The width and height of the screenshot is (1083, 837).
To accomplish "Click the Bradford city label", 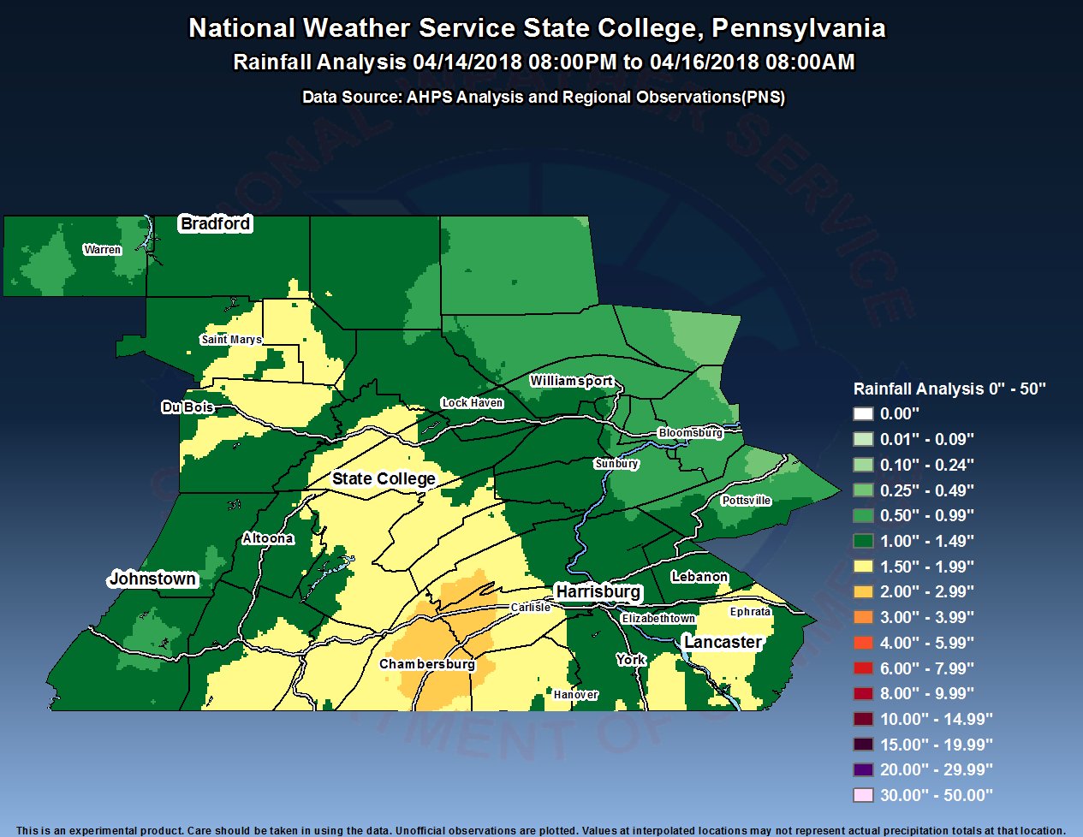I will (215, 223).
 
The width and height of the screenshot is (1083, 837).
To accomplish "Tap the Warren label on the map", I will (102, 250).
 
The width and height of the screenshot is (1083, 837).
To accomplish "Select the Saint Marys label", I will (231, 340).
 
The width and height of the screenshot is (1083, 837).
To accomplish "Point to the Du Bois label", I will (187, 407).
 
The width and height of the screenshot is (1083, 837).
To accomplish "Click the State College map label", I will (384, 478).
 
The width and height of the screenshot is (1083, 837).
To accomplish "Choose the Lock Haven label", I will (473, 403).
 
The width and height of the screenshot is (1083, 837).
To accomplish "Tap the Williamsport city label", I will (571, 381).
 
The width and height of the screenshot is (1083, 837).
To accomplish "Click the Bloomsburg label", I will (690, 433).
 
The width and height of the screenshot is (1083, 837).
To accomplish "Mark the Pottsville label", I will (746, 501).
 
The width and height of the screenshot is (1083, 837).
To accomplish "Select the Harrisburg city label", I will (598, 591).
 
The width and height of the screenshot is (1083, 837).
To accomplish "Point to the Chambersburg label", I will (426, 664).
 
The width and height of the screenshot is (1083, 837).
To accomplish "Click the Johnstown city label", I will (152, 579).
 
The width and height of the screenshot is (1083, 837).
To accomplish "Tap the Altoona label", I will (268, 538).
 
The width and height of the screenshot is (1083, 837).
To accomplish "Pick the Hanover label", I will (575, 695).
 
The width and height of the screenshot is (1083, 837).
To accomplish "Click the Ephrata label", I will (750, 612).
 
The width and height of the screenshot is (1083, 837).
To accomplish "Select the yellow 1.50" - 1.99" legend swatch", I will (863, 567).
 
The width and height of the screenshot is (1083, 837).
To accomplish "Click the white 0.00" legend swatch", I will (863, 414).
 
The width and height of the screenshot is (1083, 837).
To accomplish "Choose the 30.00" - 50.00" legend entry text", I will (936, 795).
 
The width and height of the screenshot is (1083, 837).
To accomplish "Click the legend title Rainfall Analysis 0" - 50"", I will (949, 389).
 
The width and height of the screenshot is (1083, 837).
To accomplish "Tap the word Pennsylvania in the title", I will (798, 28).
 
